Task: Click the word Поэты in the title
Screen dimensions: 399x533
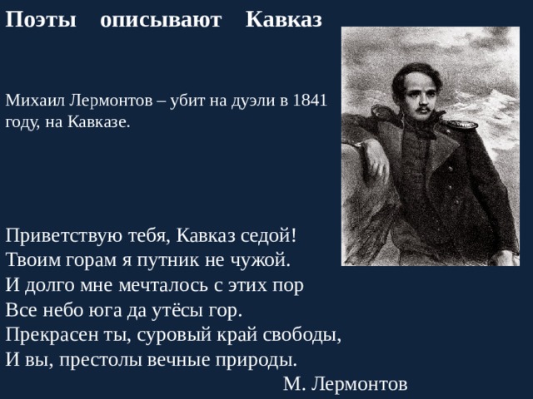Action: point(40,19)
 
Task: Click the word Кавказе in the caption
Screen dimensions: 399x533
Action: point(102,121)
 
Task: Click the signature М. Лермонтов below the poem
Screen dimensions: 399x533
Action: point(345,384)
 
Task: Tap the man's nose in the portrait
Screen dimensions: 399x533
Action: point(422,96)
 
